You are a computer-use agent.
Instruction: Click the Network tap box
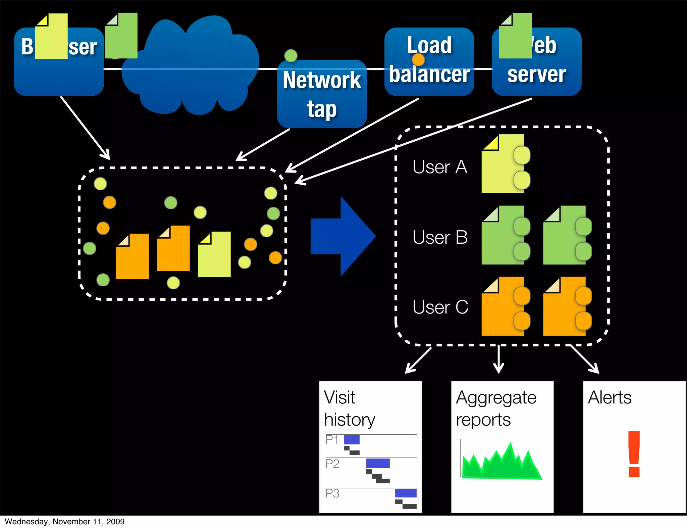322,94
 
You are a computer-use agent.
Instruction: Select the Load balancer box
429,62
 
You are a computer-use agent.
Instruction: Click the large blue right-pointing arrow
342,236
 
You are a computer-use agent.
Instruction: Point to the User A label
440,167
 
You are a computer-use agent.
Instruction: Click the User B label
440,237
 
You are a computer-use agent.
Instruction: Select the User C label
440,307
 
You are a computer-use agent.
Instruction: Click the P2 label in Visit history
332,464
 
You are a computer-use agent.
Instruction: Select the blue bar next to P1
352,439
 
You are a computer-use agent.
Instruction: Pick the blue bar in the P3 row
406,493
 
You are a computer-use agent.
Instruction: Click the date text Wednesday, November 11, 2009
64,521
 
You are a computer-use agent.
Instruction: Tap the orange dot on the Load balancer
418,60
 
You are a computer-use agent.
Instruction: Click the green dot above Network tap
290,55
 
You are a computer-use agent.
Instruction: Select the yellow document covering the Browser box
51,37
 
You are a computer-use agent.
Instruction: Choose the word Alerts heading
610,397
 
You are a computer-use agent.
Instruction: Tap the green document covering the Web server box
515,36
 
